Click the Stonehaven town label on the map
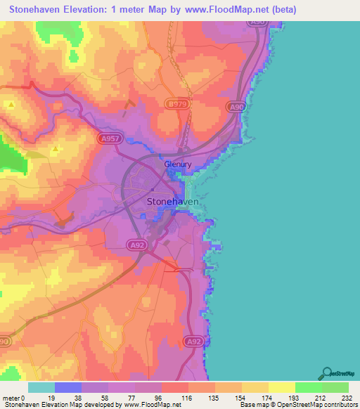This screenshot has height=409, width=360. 172,201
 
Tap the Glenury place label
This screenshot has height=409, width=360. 178,165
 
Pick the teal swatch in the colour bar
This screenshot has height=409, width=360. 41,387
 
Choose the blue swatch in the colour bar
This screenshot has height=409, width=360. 68,387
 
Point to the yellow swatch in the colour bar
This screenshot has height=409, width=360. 281,387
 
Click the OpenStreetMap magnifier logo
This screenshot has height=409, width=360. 327,373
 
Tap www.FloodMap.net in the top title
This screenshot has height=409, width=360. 229,10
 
